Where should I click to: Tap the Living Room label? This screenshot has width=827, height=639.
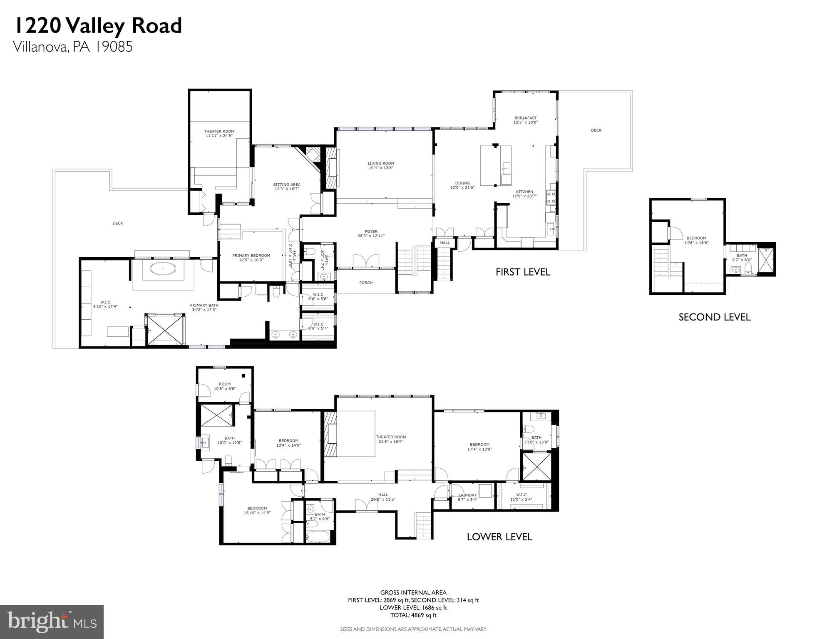pos(381,164)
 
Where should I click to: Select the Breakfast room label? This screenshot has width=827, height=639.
pos(525,118)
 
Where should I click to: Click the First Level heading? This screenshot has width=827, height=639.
pos(523,272)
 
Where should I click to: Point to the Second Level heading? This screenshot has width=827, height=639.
pos(714,317)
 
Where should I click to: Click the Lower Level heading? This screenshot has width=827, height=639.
pos(499,537)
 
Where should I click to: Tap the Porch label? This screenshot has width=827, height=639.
pos(366,283)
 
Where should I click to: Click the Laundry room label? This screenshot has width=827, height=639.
pos(467,495)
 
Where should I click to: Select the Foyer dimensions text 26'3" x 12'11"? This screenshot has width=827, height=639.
pos(371,236)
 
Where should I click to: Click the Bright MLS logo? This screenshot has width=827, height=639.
pos(52,622)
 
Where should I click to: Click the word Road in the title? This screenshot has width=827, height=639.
pos(157,26)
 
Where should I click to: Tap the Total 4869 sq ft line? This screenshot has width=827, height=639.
pos(413,615)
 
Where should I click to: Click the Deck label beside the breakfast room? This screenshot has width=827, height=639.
pos(596,130)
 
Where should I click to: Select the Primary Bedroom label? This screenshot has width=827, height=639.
pos(251,256)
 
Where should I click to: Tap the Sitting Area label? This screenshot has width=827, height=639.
pos(286,184)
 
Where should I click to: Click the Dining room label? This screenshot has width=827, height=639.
pos(462,183)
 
